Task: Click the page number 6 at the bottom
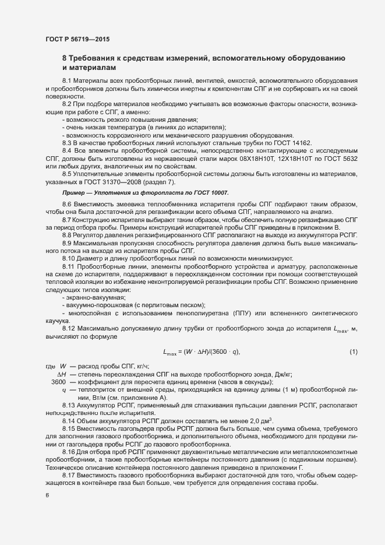(47, 495)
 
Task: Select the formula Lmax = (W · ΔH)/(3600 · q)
(202, 352)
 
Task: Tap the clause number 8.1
(66, 80)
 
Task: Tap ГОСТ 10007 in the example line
(210, 192)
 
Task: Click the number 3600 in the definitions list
(58, 381)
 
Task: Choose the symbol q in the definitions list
(63, 389)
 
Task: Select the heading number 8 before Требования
(65, 59)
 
